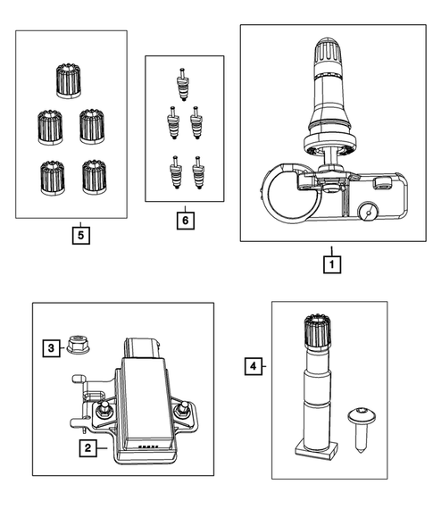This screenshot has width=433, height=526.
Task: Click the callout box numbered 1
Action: click(x=332, y=264)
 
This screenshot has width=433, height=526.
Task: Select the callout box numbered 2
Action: click(x=87, y=447)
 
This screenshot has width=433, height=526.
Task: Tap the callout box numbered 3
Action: click(x=51, y=348)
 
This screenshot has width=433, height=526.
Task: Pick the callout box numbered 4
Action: click(x=254, y=366)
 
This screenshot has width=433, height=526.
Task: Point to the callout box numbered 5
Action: click(x=81, y=236)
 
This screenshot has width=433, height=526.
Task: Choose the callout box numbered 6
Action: click(x=186, y=221)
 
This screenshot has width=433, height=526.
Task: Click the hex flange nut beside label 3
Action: click(x=79, y=344)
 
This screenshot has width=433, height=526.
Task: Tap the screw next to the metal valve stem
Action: click(x=362, y=430)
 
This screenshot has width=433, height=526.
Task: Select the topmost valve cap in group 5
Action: click(x=69, y=81)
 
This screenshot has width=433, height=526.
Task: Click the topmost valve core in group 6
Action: click(x=182, y=84)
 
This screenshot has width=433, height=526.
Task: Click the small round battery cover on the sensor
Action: click(x=368, y=212)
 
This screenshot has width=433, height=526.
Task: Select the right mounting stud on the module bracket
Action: click(x=183, y=409)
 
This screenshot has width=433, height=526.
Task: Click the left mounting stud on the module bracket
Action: click(x=103, y=410)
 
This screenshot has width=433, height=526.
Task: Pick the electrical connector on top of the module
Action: click(x=141, y=348)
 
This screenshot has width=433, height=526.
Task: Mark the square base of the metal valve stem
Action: click(x=317, y=451)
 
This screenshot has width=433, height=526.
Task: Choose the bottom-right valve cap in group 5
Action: click(x=95, y=177)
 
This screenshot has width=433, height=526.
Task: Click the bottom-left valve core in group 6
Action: click(x=175, y=172)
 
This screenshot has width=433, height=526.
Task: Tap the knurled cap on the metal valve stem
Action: click(x=318, y=332)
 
